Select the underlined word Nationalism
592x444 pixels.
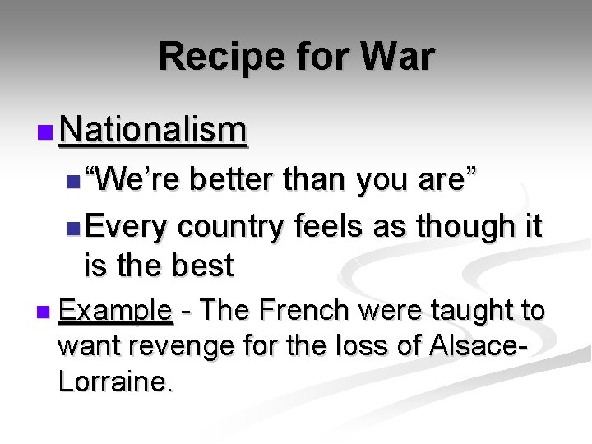tap(153, 130)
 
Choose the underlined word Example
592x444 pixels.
tap(115, 311)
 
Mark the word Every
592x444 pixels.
tap(125, 225)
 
